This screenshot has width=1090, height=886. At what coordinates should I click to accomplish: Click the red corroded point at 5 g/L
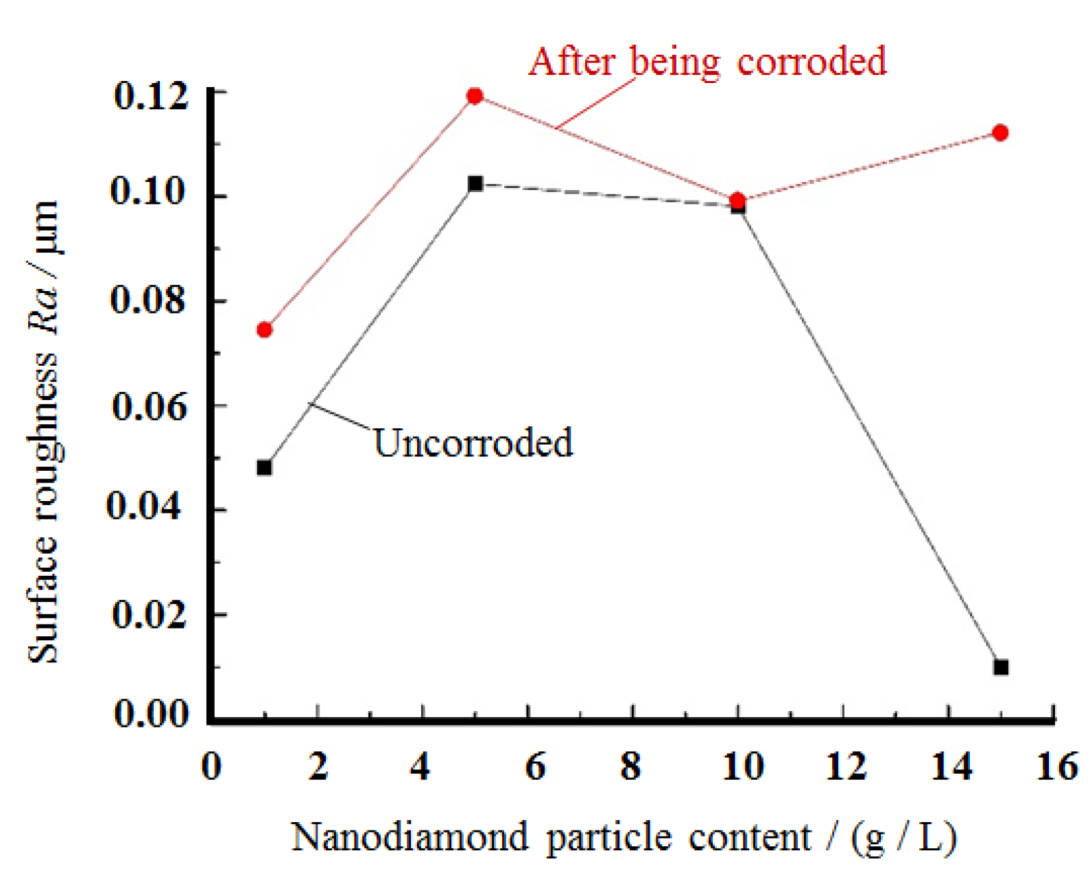[475, 96]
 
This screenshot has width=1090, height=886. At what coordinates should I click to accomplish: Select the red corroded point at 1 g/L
[264, 330]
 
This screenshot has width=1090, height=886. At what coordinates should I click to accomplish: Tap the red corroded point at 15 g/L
[1000, 132]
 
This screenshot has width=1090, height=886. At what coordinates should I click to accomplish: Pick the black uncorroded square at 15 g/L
[1001, 667]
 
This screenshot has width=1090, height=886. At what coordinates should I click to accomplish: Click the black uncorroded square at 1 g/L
[264, 468]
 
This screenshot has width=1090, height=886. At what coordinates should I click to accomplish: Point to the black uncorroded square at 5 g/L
[475, 184]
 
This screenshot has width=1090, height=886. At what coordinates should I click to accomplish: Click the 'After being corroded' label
[707, 62]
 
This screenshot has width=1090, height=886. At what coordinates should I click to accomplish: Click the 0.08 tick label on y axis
[148, 300]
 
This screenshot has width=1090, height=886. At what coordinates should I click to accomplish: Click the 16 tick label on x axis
[1056, 766]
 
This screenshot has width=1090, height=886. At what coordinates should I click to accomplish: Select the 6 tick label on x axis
[535, 766]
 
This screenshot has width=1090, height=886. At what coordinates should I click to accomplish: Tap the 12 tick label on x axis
[845, 766]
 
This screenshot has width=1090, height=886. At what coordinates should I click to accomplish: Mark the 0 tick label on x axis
[211, 766]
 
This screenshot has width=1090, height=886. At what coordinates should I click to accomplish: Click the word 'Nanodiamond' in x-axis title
[410, 837]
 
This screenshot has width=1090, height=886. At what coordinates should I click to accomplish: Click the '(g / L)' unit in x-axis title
[903, 837]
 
